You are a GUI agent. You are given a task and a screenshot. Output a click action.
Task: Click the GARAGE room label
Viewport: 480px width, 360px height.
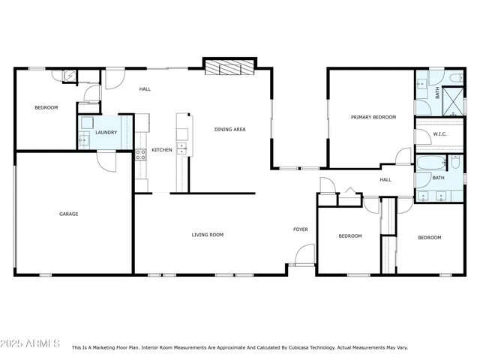coord(69,214)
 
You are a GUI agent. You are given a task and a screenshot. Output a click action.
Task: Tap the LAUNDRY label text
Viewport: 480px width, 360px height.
coord(106,133)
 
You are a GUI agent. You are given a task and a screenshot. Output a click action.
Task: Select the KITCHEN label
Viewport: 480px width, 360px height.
coord(162,150)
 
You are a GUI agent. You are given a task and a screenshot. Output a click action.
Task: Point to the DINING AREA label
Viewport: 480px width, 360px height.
coord(230,129)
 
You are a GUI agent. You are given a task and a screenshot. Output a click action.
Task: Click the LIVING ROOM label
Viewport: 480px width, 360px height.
coord(208,235)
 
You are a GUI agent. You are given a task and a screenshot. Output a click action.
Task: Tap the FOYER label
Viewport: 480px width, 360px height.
coord(301,229)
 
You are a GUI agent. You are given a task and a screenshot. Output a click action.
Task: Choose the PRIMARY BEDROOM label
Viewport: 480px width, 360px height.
coord(373,117)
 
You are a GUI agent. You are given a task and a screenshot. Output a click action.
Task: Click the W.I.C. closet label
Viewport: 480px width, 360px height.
coord(440,133)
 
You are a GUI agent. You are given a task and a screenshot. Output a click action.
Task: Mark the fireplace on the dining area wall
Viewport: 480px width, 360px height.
coord(230,69)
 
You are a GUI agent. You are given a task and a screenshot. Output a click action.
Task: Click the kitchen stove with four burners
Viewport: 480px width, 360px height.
coord(139,155)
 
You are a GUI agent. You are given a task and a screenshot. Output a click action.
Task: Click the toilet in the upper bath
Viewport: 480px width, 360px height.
coord(456,78)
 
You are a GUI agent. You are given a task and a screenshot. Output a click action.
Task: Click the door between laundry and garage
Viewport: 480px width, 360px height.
coord(106,160)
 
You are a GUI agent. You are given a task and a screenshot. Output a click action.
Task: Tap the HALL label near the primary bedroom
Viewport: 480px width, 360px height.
coord(385,180)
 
